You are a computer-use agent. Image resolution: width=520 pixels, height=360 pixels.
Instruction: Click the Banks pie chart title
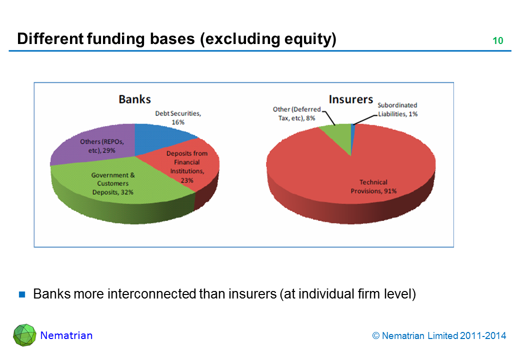pos(134,99)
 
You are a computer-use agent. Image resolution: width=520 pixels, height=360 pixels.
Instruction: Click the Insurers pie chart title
pos(350,99)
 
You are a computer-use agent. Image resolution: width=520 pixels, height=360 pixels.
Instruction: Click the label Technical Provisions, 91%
pos(373,186)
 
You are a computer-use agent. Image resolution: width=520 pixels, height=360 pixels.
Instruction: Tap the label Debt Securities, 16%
pos(177,117)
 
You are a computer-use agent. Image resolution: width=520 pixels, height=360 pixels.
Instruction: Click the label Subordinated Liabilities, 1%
pos(397,109)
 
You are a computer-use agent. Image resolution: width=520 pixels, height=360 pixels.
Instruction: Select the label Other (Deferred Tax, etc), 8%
pos(296,113)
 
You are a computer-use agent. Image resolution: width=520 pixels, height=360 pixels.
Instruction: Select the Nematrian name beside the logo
pos(66,335)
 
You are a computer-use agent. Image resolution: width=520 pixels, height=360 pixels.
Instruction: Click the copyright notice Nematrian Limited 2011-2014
pos(439,336)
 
